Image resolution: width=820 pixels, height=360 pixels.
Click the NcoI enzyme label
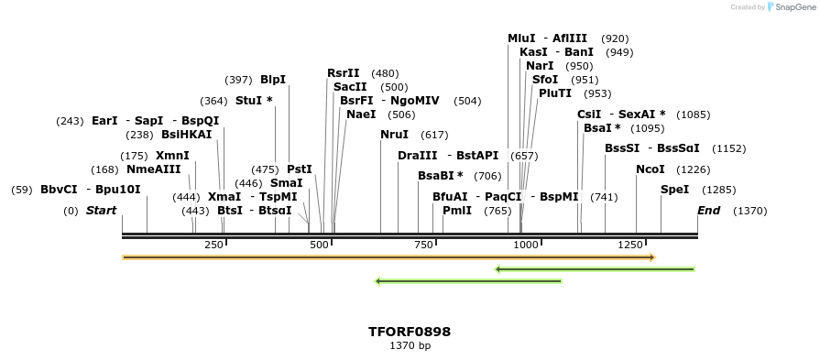pos(650,169)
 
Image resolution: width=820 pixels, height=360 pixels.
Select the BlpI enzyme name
pos(273,80)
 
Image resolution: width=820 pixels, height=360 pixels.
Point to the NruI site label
pos(394,135)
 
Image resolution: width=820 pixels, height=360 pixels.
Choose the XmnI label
pos(172,156)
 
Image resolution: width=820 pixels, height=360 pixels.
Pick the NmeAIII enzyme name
pos(154,169)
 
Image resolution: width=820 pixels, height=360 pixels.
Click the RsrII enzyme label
pos(344,73)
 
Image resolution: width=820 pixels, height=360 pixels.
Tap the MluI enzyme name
pos(521,38)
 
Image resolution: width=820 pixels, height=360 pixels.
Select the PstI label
pos(300,169)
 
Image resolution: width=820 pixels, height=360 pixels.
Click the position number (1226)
pos(694,169)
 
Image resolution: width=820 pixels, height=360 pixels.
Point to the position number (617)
pos(434,135)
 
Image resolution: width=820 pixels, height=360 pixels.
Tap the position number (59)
pos(22,190)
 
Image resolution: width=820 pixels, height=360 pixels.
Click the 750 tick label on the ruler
pos(423,245)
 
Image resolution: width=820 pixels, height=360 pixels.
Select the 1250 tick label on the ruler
pos(632,245)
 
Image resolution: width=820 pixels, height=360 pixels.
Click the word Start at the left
pos(102,211)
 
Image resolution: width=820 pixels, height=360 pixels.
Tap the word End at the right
pos(708,211)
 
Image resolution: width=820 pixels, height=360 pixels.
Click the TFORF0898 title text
pos(410,332)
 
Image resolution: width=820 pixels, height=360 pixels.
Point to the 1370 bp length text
pos(410,345)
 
